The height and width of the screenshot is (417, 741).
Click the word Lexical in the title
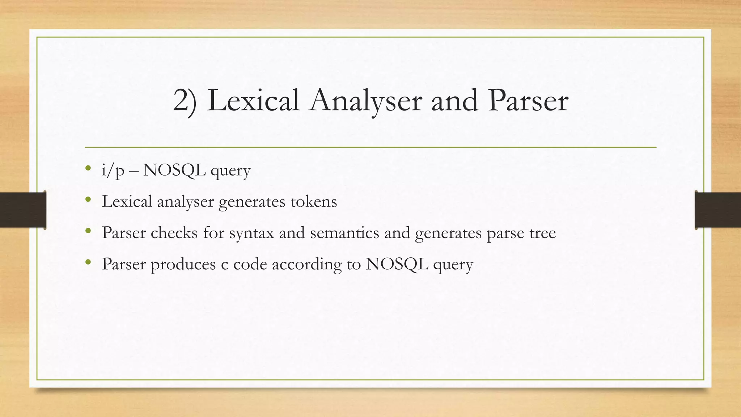point(253,100)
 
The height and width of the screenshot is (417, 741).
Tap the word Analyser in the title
point(365,101)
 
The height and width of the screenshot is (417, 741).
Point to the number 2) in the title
point(185,101)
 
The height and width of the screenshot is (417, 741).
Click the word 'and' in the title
point(454,100)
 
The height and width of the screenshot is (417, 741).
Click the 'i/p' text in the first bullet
point(113,170)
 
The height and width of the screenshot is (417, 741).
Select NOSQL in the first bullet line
point(174,170)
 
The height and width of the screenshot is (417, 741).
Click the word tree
point(542,233)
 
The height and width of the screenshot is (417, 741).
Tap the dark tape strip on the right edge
point(718,210)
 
